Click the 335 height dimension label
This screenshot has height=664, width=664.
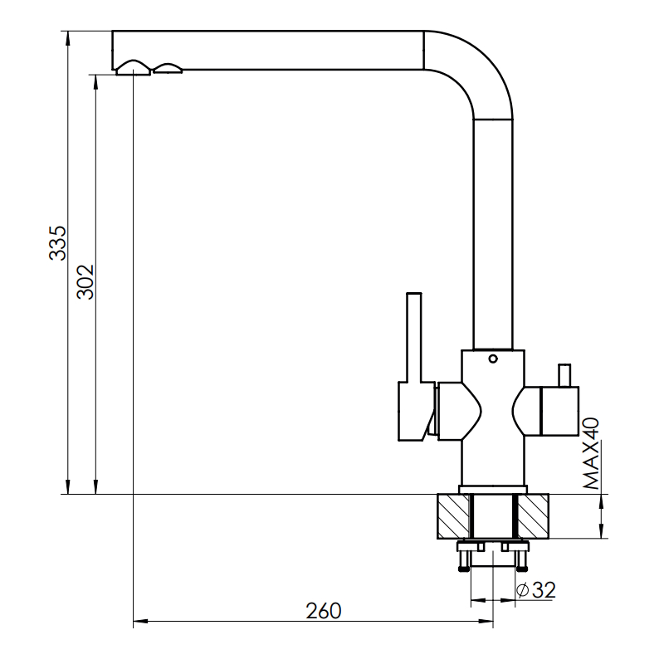[x=57, y=243]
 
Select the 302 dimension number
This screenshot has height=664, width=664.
[x=85, y=282]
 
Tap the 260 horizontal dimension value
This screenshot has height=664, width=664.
[x=324, y=611]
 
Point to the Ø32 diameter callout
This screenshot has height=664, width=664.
[x=536, y=589]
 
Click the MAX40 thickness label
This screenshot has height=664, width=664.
[x=591, y=453]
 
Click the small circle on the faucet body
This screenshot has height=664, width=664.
[x=493, y=359]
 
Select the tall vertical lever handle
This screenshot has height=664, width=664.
[x=413, y=338]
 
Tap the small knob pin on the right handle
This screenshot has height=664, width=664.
[x=564, y=375]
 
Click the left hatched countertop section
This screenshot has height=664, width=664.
[x=453, y=516]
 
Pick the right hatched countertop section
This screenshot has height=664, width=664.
[x=533, y=516]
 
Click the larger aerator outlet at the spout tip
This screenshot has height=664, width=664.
[x=134, y=68]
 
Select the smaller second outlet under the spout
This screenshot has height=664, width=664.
[x=168, y=69]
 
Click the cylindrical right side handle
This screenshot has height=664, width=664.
[x=559, y=411]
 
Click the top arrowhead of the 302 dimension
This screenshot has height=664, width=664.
[x=95, y=81]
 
